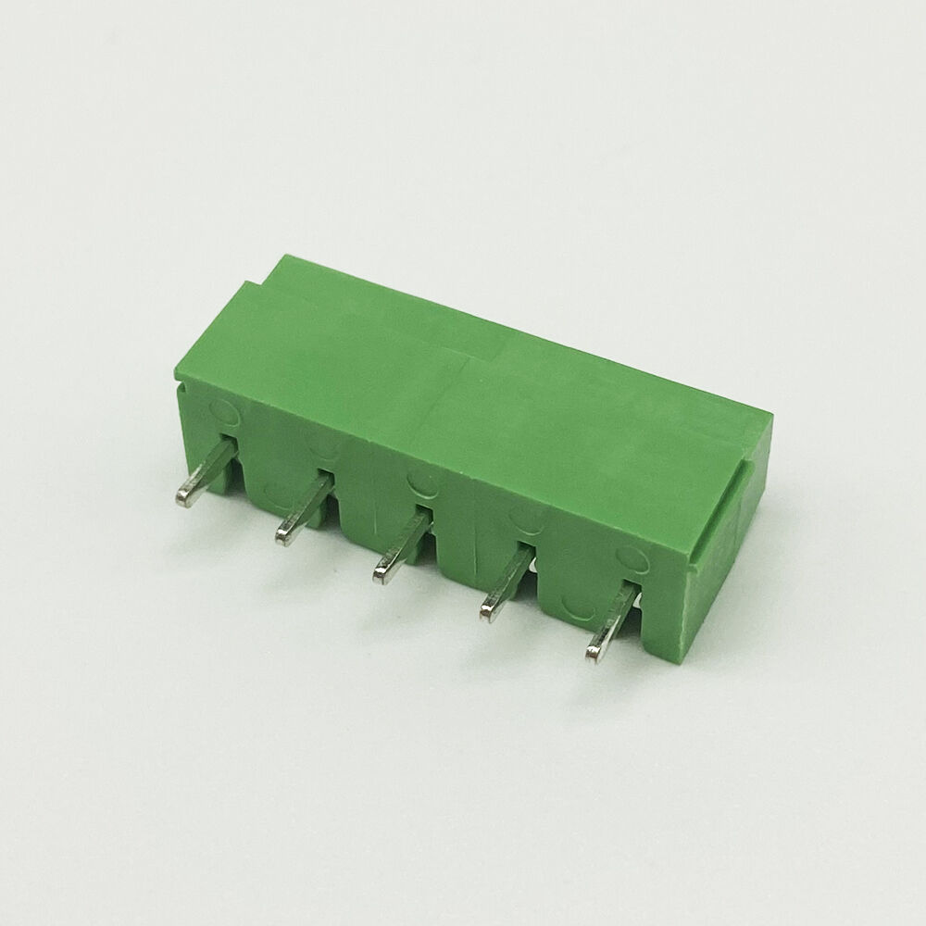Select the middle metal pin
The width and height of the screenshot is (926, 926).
coord(404,546)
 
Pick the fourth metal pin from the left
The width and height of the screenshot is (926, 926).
coord(507,582)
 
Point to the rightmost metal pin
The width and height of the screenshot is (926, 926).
coord(611,623)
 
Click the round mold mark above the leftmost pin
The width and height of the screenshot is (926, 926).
coord(222,407)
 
